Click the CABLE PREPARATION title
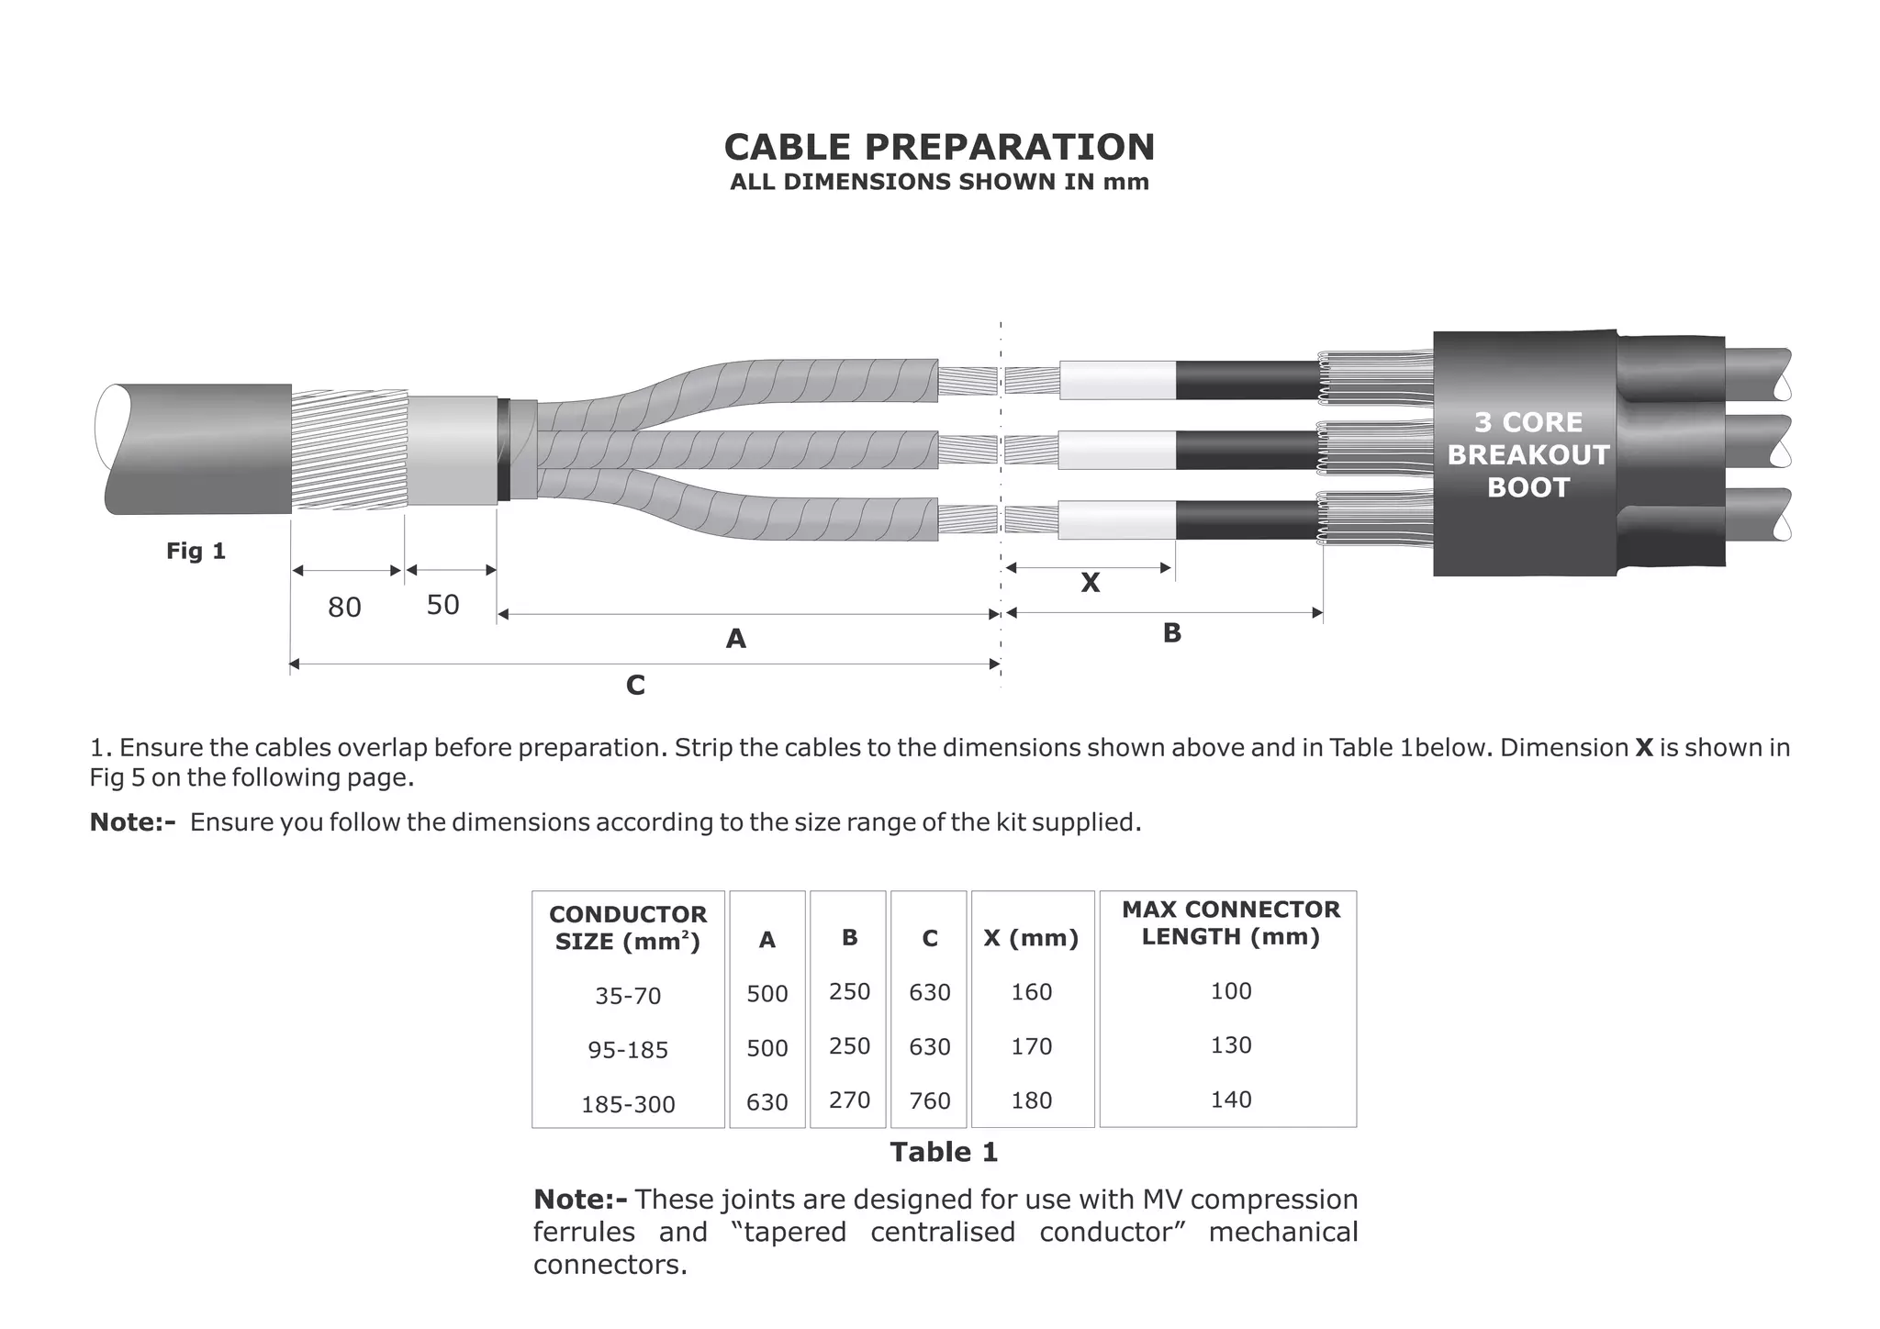click(939, 147)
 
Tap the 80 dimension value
click(344, 607)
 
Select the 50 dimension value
click(442, 605)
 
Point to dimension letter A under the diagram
click(735, 639)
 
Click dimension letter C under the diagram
click(635, 686)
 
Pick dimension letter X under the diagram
click(1090, 583)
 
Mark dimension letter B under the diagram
click(1172, 633)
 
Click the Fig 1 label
click(196, 551)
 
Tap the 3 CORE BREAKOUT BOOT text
click(1527, 454)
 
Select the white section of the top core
click(1117, 380)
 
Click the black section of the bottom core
click(1247, 520)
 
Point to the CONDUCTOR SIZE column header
click(628, 928)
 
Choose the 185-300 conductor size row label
click(628, 1104)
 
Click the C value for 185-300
click(930, 1100)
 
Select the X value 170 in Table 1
click(1032, 1046)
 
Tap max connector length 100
click(1231, 991)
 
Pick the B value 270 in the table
click(849, 1100)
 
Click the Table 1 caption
click(944, 1152)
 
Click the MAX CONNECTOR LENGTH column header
click(1231, 922)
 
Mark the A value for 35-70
click(767, 994)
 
